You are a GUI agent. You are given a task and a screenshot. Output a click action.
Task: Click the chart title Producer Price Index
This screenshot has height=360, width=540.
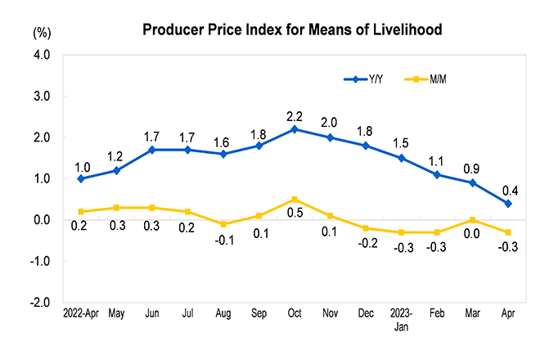pyautogui.click(x=292, y=30)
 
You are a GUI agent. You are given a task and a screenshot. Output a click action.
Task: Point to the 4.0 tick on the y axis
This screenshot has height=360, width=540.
pyautogui.click(x=41, y=56)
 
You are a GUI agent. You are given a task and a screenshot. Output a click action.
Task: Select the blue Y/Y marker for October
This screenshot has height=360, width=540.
pyautogui.click(x=295, y=129)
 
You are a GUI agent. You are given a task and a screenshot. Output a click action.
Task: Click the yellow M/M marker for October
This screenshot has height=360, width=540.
pyautogui.click(x=295, y=200)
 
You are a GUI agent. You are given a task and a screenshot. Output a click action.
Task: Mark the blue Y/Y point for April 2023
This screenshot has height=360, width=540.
pyautogui.click(x=508, y=203)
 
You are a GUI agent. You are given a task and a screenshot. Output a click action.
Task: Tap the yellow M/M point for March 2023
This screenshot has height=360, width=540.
pyautogui.click(x=473, y=220)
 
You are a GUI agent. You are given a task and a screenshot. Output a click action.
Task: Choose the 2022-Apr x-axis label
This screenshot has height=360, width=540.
pyautogui.click(x=80, y=313)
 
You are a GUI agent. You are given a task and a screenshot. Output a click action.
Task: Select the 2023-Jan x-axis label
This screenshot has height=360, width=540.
pyautogui.click(x=402, y=318)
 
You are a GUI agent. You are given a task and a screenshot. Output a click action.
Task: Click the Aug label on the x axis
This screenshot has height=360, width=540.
pyautogui.click(x=223, y=313)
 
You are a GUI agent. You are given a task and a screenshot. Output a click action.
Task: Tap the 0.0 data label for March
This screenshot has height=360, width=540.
pyautogui.click(x=473, y=233)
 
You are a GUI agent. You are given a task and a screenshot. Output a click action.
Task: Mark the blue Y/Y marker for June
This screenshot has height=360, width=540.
pyautogui.click(x=152, y=150)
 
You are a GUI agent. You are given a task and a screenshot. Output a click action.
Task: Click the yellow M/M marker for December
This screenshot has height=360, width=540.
pyautogui.click(x=366, y=228)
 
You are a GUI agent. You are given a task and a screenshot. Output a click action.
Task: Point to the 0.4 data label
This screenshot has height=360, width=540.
pyautogui.click(x=509, y=191)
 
